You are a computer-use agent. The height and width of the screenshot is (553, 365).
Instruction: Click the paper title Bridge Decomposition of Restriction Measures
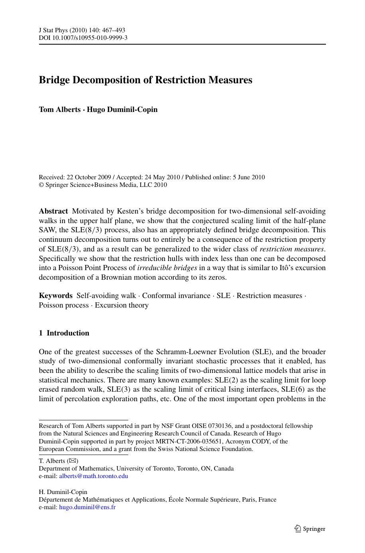(145, 80)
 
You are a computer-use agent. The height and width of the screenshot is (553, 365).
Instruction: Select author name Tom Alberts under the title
(59, 110)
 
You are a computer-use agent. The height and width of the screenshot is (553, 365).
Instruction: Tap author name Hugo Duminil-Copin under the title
(122, 110)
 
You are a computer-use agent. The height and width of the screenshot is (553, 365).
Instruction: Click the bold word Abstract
(53, 211)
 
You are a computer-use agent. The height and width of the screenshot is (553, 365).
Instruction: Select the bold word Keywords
(56, 296)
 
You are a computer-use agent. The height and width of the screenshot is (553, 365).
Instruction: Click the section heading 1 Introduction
(64, 333)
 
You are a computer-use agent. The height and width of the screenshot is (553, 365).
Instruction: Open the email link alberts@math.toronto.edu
(94, 476)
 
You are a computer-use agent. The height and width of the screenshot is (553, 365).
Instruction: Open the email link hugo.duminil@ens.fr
(87, 507)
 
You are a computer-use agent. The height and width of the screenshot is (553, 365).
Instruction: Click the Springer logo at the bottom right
(310, 529)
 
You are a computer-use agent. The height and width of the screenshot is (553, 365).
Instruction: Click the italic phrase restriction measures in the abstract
(292, 249)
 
